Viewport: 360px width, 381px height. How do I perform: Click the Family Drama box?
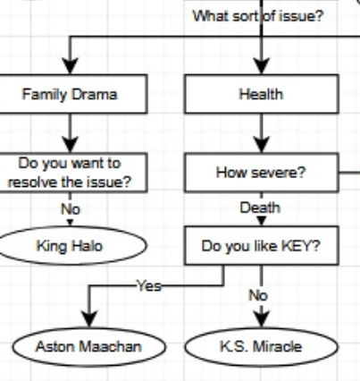tap(71, 94)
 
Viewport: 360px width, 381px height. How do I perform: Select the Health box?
tap(262, 94)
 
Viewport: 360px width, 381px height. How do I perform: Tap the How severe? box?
tap(262, 173)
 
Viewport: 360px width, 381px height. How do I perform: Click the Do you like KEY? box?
tap(262, 246)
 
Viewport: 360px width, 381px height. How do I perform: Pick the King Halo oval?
tap(71, 246)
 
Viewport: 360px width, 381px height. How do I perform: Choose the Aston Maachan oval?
tap(88, 347)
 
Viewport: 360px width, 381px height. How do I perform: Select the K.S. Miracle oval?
tap(261, 347)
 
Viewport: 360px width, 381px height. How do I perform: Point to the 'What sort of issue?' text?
tap(258, 15)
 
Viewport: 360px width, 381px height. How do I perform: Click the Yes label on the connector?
tap(149, 286)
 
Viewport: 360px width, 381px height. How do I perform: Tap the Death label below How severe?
tap(260, 207)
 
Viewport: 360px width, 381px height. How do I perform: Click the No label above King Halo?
tap(71, 209)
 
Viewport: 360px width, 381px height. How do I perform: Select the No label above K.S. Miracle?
tap(258, 296)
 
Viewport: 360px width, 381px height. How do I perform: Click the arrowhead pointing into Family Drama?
tap(70, 66)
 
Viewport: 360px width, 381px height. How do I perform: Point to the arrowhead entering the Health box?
tap(262, 66)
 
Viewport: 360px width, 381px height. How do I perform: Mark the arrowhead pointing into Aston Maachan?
tap(89, 319)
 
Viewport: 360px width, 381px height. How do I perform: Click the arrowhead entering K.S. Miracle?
tap(262, 319)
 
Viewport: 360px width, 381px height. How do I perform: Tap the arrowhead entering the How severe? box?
tap(262, 145)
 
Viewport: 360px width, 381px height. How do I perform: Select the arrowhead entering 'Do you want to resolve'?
tap(70, 145)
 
